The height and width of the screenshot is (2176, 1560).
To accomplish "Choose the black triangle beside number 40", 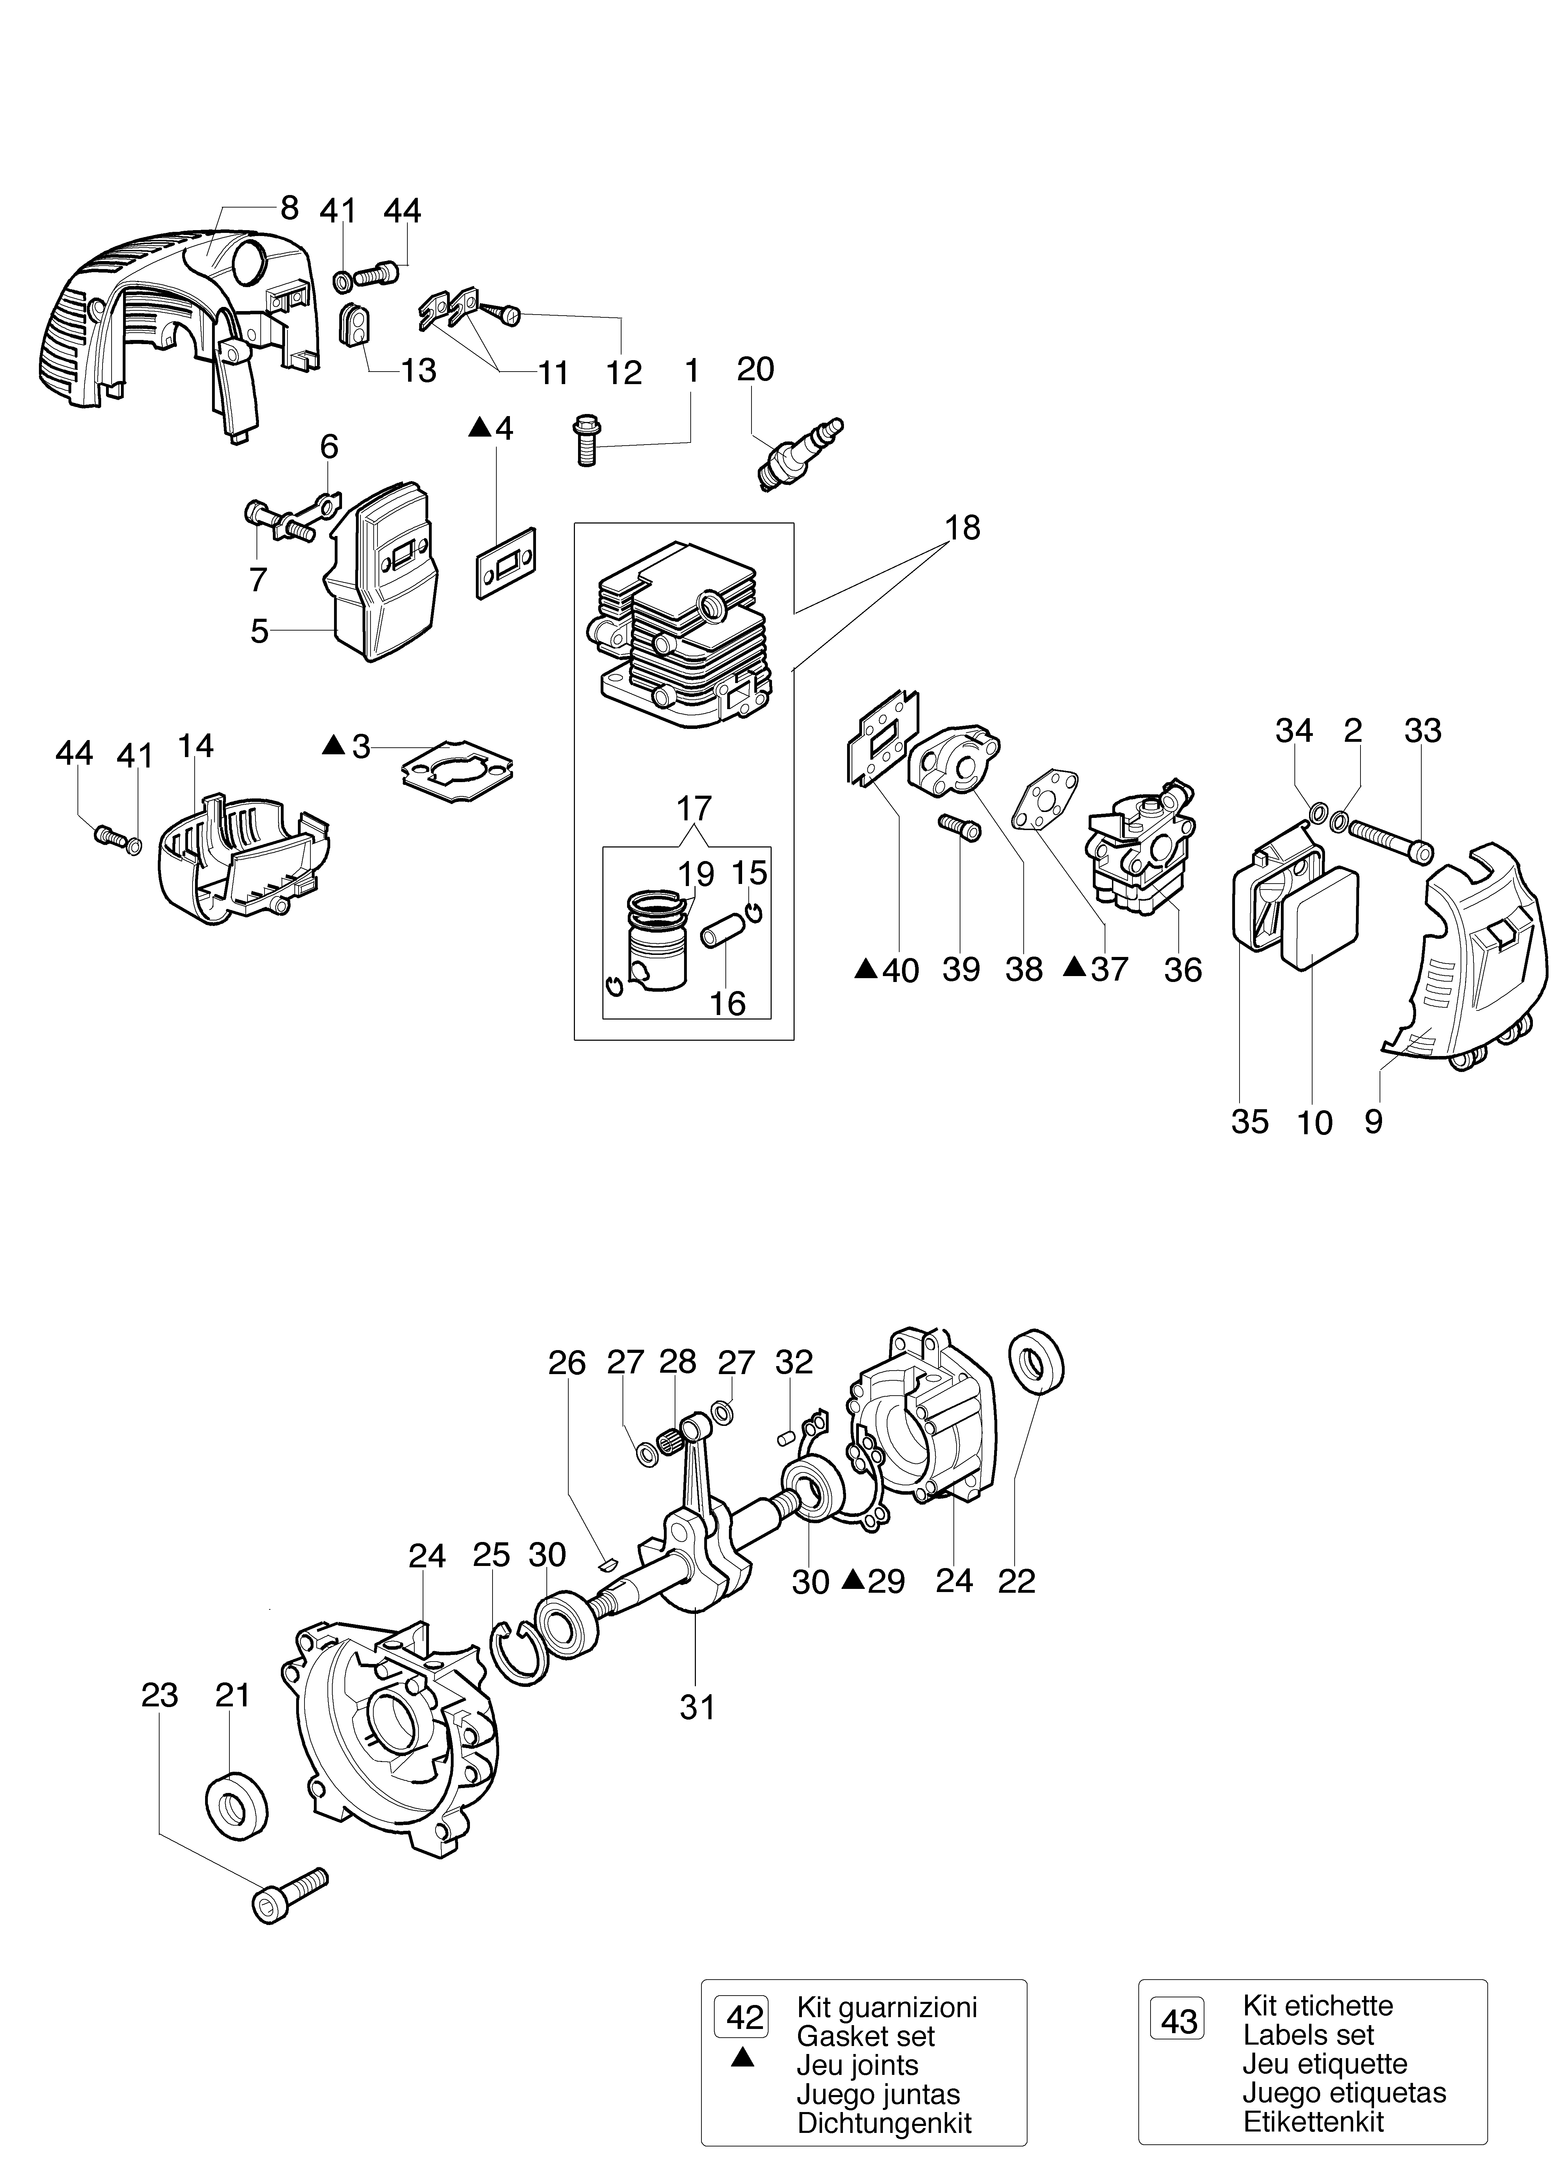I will pos(866,969).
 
